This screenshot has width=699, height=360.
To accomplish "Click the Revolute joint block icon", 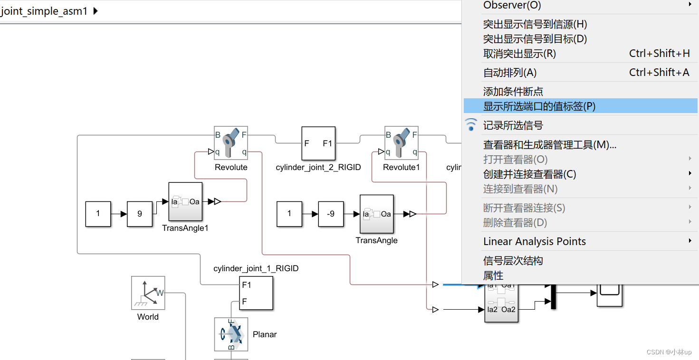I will point(231,143).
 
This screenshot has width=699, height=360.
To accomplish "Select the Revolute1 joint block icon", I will point(401,143).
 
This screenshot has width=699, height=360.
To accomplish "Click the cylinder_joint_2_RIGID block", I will point(318,143).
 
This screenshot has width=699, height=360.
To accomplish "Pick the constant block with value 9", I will point(140,214).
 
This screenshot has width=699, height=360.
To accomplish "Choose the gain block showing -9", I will point(331,214).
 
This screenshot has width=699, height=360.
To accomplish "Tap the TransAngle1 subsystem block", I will point(185,202).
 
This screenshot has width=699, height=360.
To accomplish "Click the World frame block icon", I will point(148,293).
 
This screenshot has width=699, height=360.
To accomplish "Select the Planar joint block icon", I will point(231,334).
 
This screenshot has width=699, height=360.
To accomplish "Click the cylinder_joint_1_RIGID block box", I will point(256,293).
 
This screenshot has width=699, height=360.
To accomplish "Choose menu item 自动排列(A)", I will point(510,73).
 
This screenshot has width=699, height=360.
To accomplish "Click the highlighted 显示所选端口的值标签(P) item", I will point(539,106).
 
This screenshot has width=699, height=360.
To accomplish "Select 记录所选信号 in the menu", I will point(513,125).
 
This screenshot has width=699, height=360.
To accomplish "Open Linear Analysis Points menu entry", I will point(535,241).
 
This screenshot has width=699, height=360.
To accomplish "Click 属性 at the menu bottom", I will point(493,275).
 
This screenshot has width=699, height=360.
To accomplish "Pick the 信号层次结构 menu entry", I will point(513,261).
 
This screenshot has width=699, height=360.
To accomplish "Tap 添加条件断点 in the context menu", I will point(513,92).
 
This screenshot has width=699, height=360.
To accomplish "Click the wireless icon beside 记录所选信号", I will point(471,125).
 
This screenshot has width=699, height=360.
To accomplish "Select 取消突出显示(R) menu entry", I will point(519,54).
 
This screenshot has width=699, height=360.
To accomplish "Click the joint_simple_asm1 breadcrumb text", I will point(44,11).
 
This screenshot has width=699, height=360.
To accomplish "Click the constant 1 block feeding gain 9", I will point(98,214).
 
